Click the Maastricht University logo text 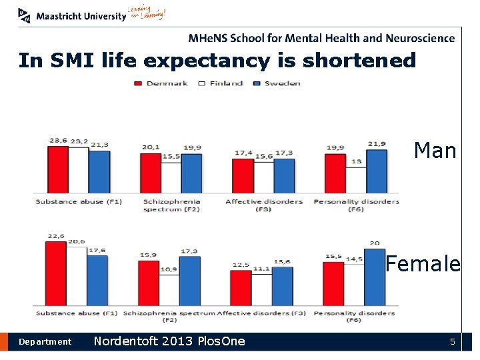[x=81, y=16]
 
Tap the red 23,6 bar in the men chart [x=58, y=169]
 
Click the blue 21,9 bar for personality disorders [x=376, y=171]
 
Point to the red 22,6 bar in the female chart [x=56, y=273]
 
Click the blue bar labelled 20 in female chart [x=375, y=277]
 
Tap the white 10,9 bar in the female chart [x=169, y=290]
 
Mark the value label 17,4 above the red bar [x=243, y=153]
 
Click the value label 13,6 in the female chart [x=283, y=261]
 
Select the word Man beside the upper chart [x=435, y=151]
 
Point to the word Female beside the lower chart [x=423, y=264]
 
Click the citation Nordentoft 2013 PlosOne [x=169, y=341]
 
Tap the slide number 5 [x=452, y=342]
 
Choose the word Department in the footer [x=45, y=342]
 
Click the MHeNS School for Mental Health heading [x=321, y=38]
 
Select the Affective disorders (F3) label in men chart [x=263, y=205]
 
